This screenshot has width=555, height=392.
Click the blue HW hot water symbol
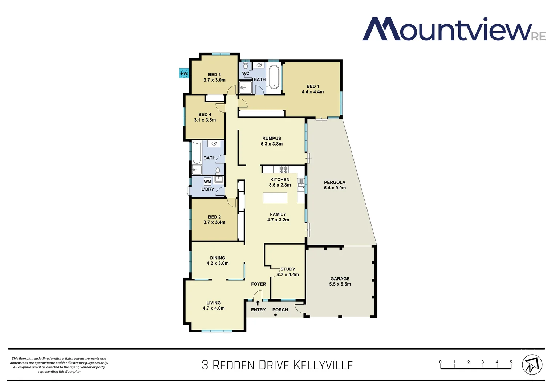tap(184, 74)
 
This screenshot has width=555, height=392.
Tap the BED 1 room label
tap(313, 86)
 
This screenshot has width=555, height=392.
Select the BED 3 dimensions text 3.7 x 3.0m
tap(214, 80)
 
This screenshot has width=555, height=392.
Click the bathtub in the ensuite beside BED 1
tap(274, 77)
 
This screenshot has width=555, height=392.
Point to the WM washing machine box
tap(207, 182)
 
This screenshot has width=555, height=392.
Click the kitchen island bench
tap(275, 198)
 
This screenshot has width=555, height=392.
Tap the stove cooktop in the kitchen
tap(284, 169)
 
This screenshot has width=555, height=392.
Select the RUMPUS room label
tap(272, 138)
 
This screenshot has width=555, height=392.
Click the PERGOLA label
tap(335, 182)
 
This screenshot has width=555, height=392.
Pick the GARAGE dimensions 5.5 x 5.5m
tap(340, 284)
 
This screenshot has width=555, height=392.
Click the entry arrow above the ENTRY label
tap(258, 302)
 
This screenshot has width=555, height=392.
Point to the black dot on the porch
tap(275, 315)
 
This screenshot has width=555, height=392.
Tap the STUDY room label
tap(288, 269)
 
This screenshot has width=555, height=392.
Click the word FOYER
tap(258, 284)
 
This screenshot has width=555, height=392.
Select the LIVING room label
tap(214, 303)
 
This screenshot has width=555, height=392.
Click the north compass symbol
tap(532, 365)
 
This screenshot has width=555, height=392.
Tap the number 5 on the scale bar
tap(511, 362)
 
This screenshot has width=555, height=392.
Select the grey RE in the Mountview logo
tap(539, 36)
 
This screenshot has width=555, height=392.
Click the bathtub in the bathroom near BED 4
tap(197, 152)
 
